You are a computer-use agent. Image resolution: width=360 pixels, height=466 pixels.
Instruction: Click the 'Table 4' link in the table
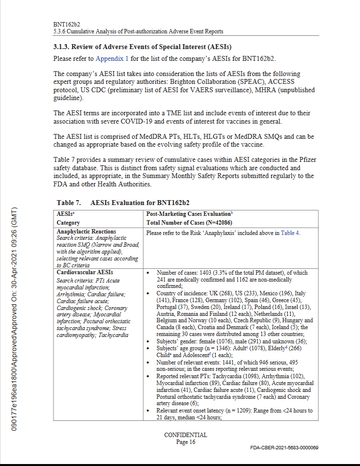coord(290,233)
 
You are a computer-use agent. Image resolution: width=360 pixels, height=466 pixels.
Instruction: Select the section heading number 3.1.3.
coord(62,47)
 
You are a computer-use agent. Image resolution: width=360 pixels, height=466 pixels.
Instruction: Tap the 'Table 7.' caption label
coord(69,202)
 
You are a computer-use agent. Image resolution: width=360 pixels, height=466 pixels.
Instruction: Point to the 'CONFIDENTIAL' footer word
coord(185,435)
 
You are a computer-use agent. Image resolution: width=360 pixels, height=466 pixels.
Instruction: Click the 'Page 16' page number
coord(185,442)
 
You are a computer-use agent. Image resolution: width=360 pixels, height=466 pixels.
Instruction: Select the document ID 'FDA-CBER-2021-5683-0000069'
coord(284,448)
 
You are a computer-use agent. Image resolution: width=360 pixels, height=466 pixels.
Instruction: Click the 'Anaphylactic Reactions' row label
coord(86,232)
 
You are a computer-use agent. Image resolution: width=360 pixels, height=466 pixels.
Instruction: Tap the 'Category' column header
coord(68,222)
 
